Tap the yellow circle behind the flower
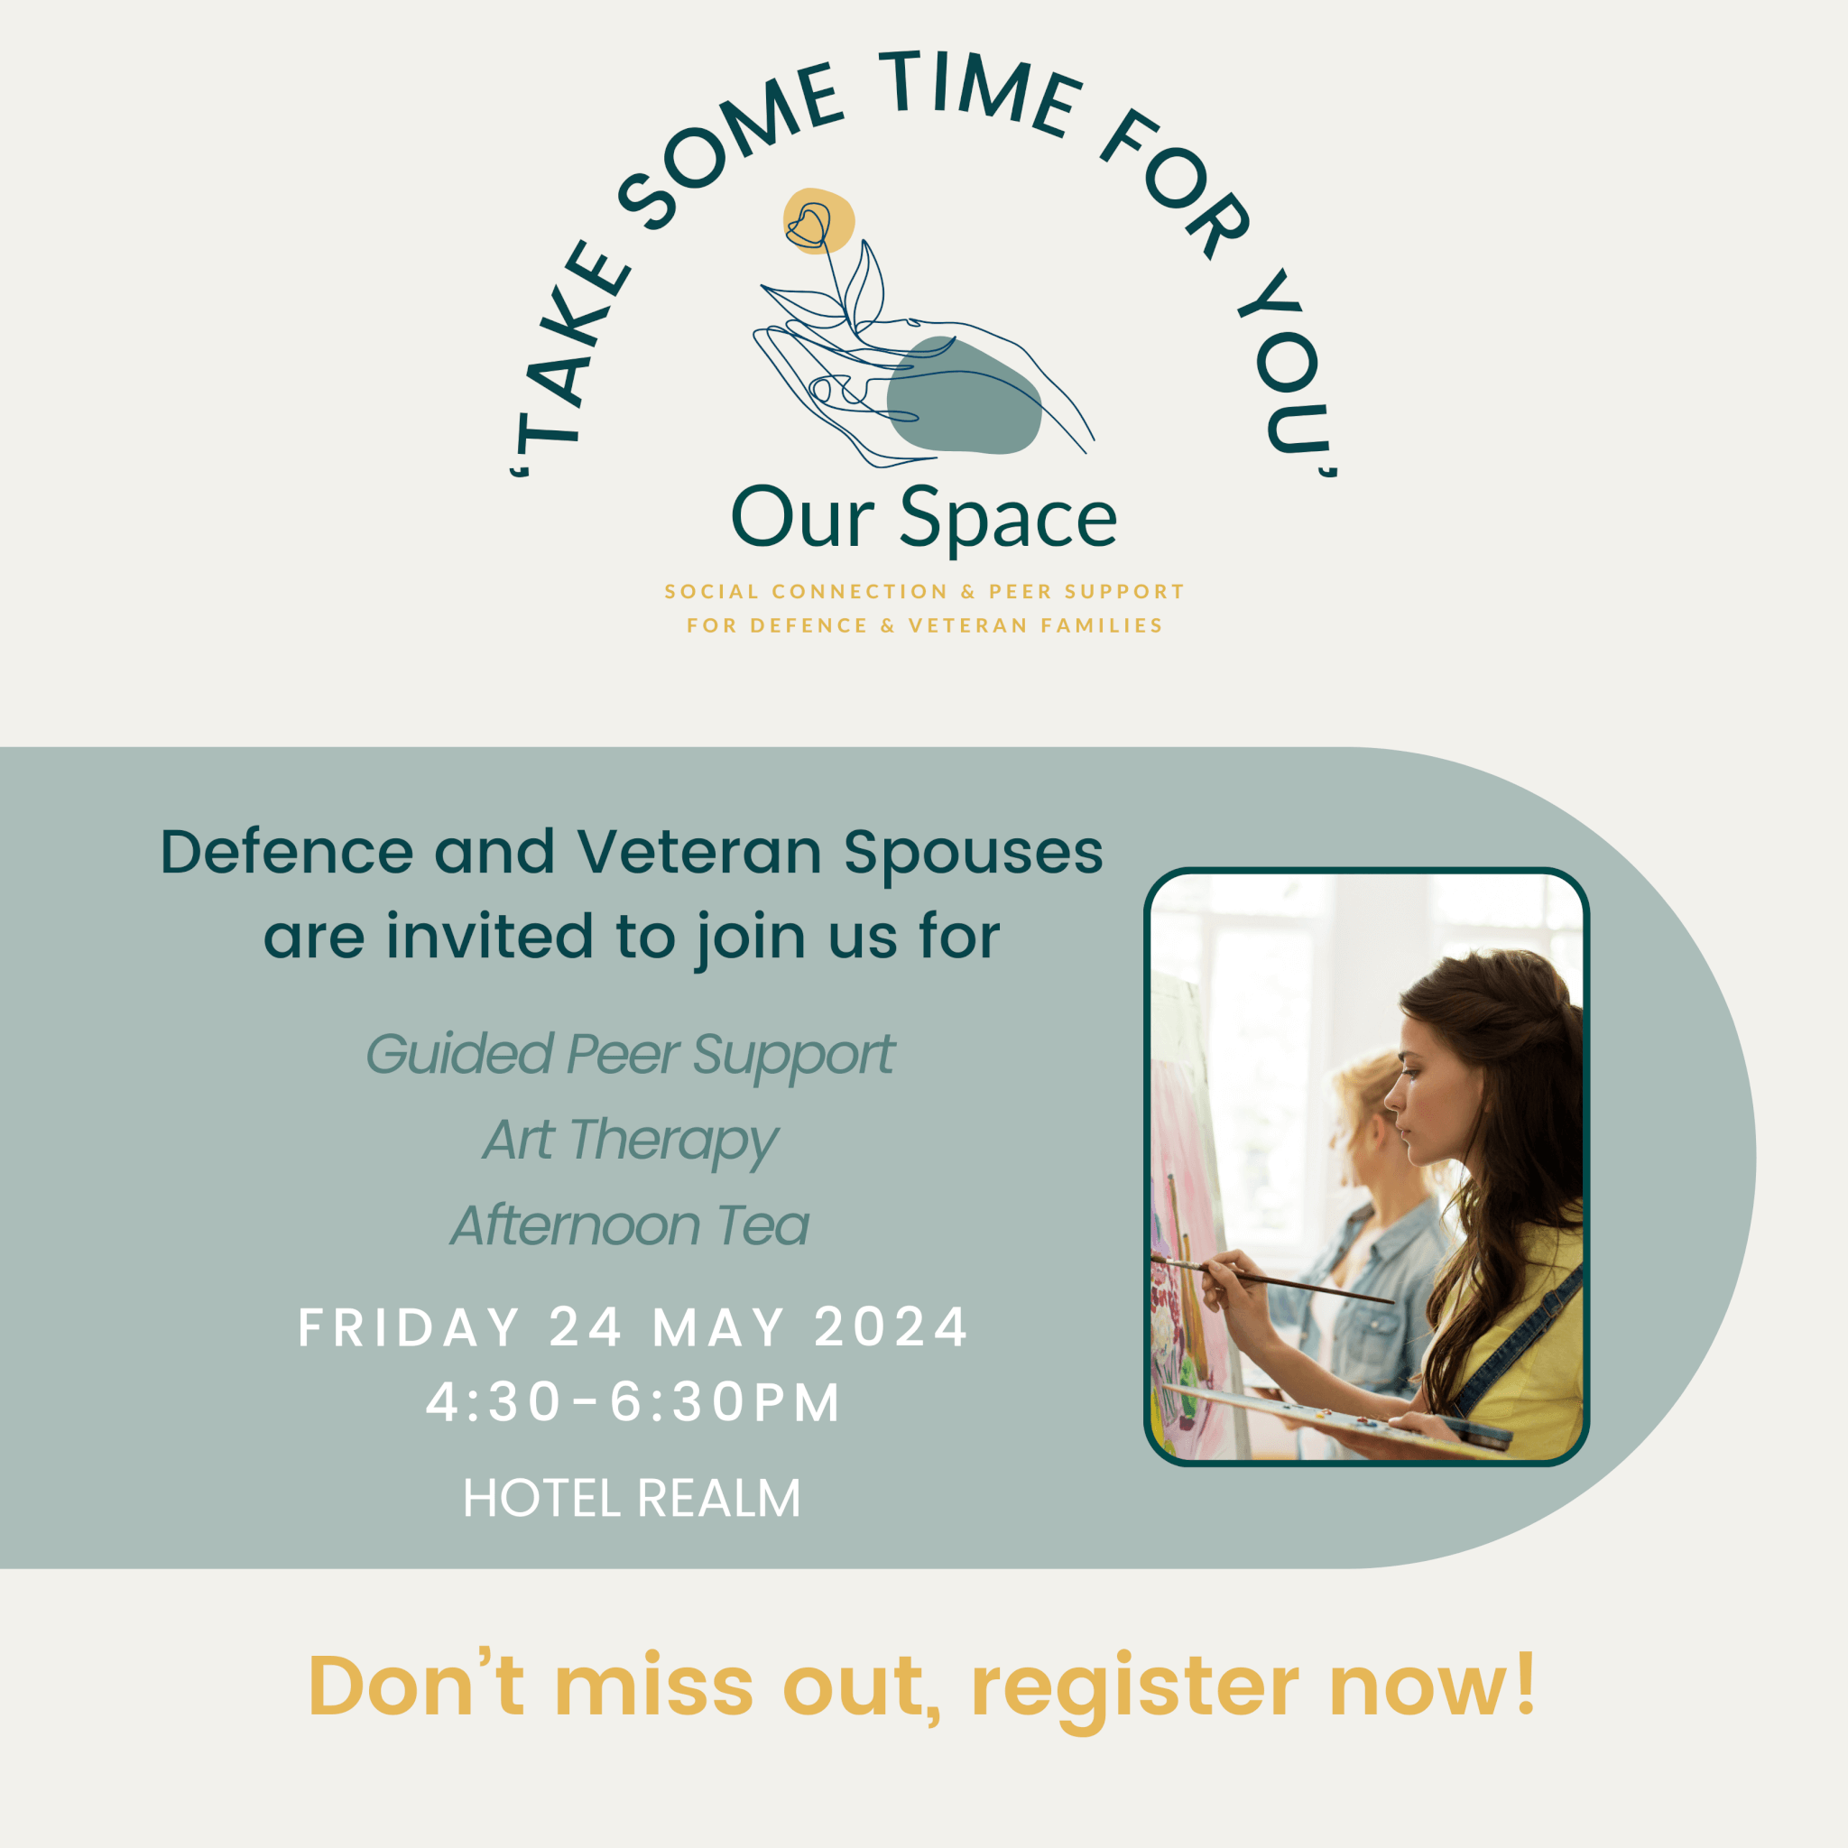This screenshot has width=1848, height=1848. [818, 221]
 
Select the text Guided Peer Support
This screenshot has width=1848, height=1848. [631, 1056]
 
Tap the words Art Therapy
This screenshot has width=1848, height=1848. [631, 1141]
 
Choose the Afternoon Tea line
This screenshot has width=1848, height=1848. [631, 1225]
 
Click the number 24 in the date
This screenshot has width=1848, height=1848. [586, 1327]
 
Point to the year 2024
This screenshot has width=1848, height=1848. [891, 1327]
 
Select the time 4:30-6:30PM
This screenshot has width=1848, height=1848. [633, 1403]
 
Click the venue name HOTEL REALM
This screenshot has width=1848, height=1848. [632, 1499]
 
